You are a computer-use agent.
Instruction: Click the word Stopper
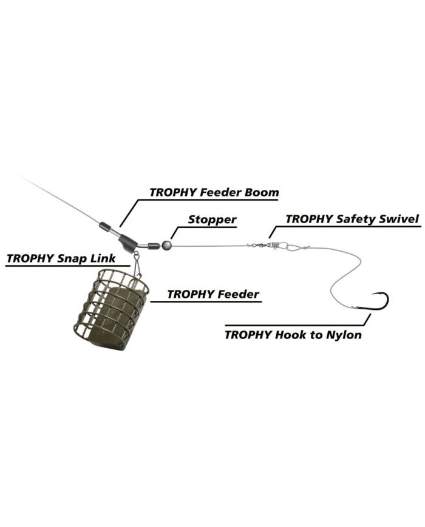pyautogui.click(x=212, y=220)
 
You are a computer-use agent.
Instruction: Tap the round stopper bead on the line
pyautogui.click(x=166, y=244)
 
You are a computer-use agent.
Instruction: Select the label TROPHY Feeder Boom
pyautogui.click(x=214, y=193)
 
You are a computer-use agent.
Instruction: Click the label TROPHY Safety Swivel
pyautogui.click(x=352, y=219)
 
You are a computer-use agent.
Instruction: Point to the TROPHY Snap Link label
pyautogui.click(x=61, y=258)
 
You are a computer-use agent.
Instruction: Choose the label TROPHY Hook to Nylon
pyautogui.click(x=293, y=334)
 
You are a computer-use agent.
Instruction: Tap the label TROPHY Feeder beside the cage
pyautogui.click(x=213, y=295)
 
